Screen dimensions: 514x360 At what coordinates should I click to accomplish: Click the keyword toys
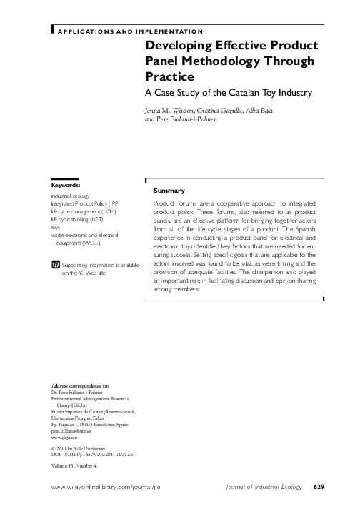[x=55, y=228]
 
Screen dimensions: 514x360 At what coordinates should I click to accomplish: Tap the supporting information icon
[x=56, y=265]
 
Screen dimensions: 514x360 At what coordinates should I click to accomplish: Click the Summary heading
[x=169, y=191]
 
